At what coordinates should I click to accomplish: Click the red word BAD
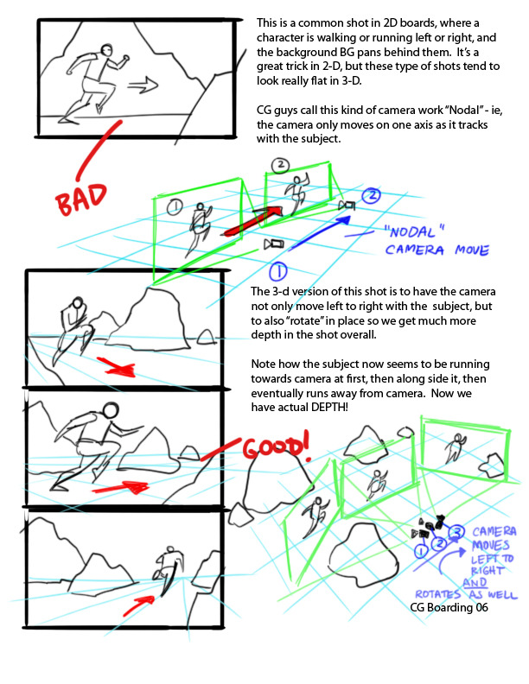(x=81, y=199)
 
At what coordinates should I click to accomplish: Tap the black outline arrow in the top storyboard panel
(x=143, y=85)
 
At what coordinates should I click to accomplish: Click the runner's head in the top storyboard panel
(x=106, y=49)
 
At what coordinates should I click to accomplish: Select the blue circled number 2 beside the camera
(x=372, y=195)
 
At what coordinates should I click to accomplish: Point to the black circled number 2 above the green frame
(x=280, y=165)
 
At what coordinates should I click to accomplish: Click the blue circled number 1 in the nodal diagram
(x=277, y=272)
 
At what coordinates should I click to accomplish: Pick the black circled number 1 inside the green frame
(x=175, y=206)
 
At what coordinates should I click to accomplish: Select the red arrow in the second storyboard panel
(x=116, y=367)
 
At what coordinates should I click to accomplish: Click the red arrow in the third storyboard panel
(x=121, y=487)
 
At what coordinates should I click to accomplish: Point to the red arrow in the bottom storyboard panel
(x=138, y=605)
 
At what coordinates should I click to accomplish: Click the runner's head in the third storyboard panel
(x=111, y=410)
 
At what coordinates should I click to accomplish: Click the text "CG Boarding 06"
(x=449, y=607)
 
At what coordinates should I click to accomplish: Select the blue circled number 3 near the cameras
(x=456, y=532)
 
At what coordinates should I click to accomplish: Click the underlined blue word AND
(x=475, y=583)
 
